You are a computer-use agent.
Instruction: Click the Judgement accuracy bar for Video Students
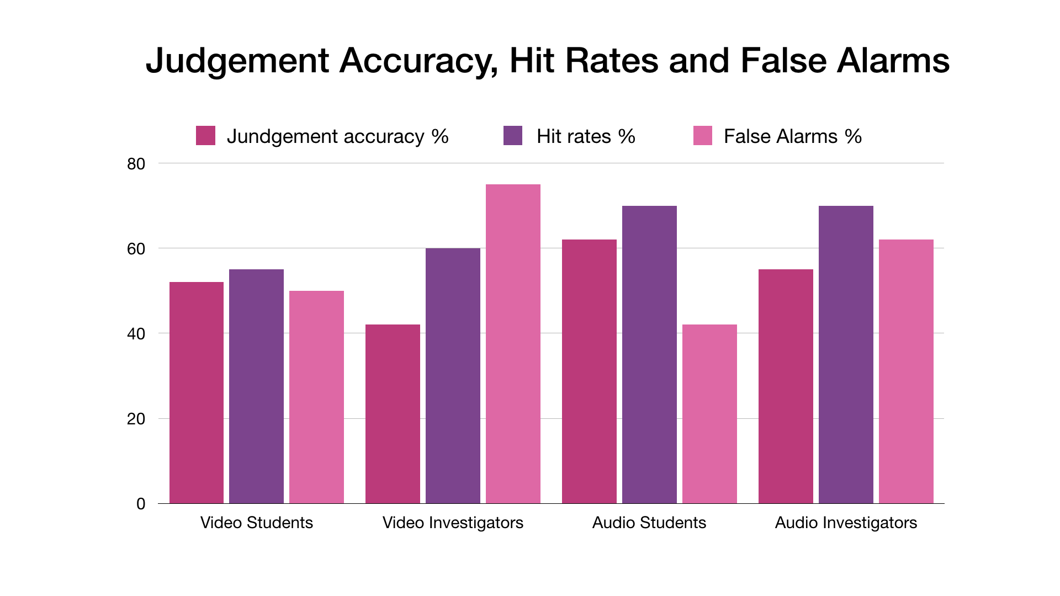point(197,392)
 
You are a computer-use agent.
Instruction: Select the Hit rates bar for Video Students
point(257,386)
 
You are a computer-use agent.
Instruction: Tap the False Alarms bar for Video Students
point(316,397)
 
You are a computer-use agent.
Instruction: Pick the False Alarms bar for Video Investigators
point(513,344)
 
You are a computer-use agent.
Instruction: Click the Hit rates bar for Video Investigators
point(453,376)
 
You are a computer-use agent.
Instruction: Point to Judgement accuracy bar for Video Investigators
point(393,414)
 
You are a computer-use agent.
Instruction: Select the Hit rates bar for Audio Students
point(649,354)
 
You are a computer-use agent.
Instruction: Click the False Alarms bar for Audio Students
point(709,414)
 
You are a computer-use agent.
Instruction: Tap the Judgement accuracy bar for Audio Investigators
point(786,386)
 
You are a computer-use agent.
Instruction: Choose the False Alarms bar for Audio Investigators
point(906,371)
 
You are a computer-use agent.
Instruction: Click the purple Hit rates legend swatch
point(513,136)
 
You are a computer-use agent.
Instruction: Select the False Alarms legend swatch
point(703,136)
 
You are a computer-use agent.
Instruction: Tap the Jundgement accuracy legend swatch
point(205,136)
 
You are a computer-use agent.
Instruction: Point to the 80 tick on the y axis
point(136,164)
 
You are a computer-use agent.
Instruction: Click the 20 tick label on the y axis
point(136,419)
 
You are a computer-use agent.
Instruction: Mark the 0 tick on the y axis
point(141,504)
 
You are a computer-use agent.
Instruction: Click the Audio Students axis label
point(649,523)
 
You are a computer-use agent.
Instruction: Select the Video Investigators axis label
point(453,523)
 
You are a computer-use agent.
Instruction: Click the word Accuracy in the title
point(419,61)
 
